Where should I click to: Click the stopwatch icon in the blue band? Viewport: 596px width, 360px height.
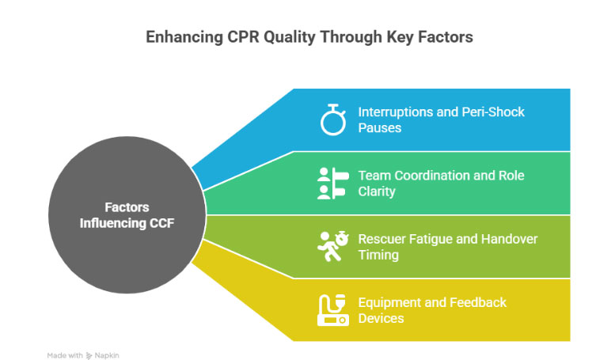coord(330,119)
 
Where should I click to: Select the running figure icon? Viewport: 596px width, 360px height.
coord(330,246)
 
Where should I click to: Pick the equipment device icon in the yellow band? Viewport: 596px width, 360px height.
coord(330,310)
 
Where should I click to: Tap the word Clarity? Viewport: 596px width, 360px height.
coord(377,191)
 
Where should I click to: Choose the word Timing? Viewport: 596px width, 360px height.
coord(378,255)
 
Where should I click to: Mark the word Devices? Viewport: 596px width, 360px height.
coord(381,318)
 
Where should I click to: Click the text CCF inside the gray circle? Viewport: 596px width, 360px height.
coord(158,223)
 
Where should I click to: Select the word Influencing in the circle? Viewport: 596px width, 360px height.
coord(112,223)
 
